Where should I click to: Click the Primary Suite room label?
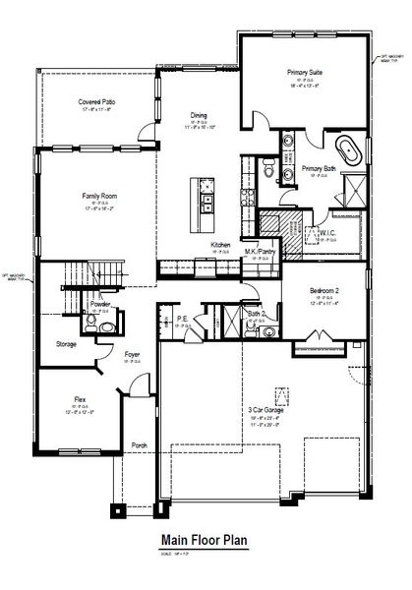click(x=305, y=73)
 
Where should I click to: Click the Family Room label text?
click(x=100, y=196)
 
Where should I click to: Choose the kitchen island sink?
click(x=208, y=204)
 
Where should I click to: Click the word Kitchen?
click(x=220, y=245)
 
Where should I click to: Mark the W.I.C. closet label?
click(x=328, y=234)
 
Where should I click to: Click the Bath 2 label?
click(x=257, y=314)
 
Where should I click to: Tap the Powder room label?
click(x=100, y=305)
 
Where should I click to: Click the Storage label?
click(x=66, y=344)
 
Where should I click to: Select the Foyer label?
click(x=133, y=354)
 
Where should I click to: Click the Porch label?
click(x=140, y=445)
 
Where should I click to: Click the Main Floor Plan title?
click(x=205, y=540)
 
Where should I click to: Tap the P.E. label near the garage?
click(x=183, y=318)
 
